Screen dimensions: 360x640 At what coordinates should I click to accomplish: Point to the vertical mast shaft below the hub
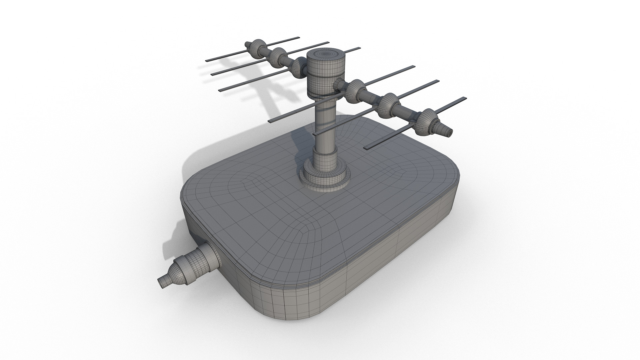click(x=325, y=133)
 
